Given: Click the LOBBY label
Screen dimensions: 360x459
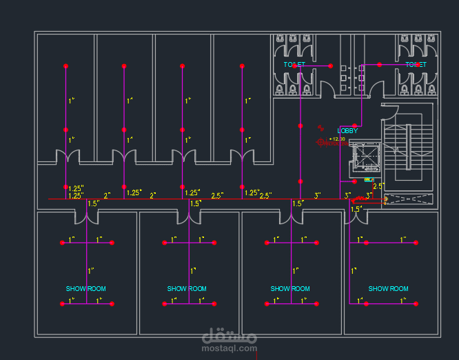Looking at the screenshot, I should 347,130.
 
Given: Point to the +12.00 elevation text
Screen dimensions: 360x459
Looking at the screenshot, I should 337,139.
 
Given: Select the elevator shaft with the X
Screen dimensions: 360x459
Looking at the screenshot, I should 365,158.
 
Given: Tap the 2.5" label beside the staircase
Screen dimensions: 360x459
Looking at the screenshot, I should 378,186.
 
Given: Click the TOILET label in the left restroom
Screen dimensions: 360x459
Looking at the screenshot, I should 294,65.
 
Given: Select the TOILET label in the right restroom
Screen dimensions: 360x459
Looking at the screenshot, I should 416,65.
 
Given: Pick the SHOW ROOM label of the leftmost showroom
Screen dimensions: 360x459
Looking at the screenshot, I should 86,289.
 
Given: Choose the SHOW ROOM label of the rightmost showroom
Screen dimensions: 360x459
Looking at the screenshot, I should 389,289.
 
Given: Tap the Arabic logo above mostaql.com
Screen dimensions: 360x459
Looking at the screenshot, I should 229,337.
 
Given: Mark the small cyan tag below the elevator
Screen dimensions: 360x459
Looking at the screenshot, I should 369,180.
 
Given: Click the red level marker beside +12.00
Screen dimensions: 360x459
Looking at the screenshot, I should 321,143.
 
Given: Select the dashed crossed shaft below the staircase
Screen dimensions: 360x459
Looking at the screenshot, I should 408,200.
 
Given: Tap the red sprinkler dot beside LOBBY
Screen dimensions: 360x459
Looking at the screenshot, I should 320,127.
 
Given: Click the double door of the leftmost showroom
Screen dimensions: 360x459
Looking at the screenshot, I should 86,217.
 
